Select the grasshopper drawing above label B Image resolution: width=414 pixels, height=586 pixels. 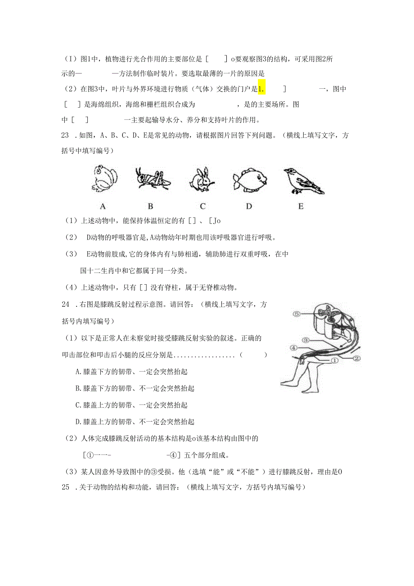(152, 178)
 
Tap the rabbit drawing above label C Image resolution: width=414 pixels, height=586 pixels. (201, 180)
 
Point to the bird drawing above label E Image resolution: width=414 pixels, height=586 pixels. (302, 181)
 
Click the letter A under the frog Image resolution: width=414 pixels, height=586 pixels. (103, 206)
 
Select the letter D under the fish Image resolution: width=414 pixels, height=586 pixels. (249, 206)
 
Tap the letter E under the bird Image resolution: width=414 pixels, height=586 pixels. (301, 206)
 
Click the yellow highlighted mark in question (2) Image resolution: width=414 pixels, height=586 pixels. (261, 89)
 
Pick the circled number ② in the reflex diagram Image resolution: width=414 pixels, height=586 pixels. (356, 359)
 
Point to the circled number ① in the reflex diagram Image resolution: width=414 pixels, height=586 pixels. (334, 360)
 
